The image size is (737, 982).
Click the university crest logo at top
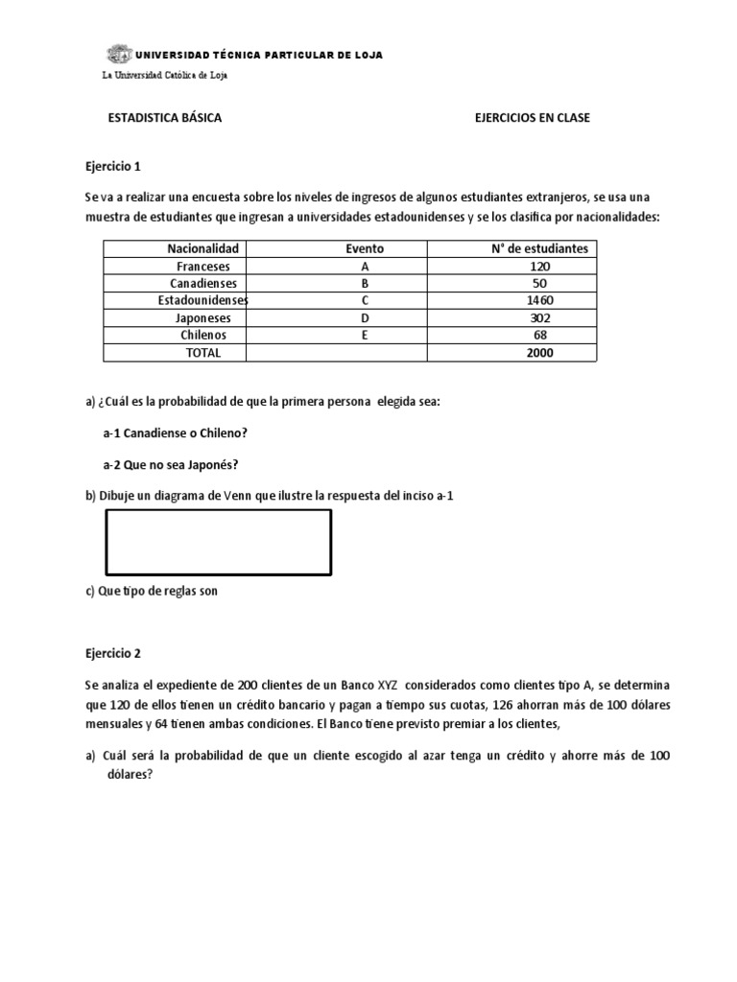click(119, 55)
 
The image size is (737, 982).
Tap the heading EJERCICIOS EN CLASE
click(533, 118)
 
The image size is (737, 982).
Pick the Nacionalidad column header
click(202, 248)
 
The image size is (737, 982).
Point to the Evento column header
click(365, 248)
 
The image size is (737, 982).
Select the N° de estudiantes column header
click(539, 248)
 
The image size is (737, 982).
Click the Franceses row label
click(202, 266)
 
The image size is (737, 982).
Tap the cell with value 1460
click(539, 300)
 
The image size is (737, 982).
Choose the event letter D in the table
click(365, 317)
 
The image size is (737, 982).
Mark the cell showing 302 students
click(539, 317)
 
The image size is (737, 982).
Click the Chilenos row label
click(202, 335)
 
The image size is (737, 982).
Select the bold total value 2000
click(539, 352)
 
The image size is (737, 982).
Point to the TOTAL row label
click(202, 352)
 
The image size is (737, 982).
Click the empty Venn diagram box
click(217, 543)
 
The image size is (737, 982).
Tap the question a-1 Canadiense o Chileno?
click(175, 433)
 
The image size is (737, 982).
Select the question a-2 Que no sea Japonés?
click(170, 464)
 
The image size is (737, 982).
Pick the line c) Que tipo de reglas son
click(152, 591)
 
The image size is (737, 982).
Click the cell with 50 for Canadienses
click(539, 283)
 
